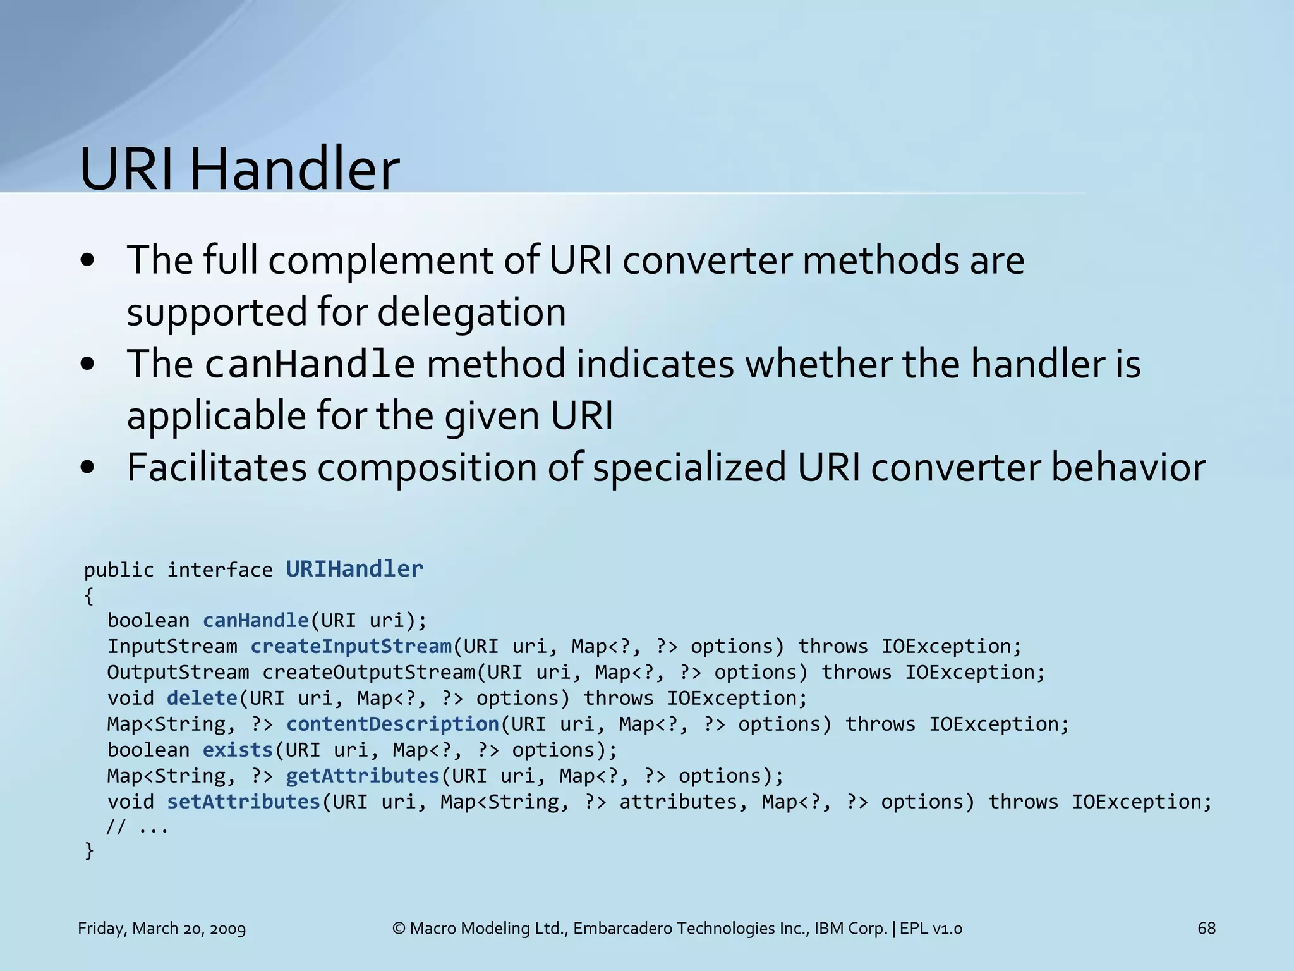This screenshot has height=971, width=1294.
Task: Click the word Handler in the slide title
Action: (294, 169)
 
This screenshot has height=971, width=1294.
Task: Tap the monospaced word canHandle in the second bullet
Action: (310, 365)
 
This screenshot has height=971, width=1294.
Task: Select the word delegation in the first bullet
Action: (471, 312)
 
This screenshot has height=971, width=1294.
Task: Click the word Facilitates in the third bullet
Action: (216, 468)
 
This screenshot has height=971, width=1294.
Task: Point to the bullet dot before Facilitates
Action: (88, 468)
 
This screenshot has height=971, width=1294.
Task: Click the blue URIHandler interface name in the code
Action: (354, 569)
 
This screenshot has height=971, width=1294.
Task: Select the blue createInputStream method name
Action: (351, 647)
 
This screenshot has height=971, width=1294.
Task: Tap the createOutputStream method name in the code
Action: (369, 673)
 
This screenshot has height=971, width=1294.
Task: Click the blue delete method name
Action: (202, 699)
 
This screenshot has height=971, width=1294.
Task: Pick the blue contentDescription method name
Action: (392, 724)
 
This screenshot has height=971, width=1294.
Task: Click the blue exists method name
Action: (238, 750)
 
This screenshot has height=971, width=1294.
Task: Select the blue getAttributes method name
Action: (363, 776)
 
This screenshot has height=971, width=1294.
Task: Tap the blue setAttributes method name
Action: (244, 802)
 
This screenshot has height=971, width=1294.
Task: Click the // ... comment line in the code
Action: (137, 827)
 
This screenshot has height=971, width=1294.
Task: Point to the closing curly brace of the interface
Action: (89, 851)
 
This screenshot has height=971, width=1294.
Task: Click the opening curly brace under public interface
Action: (89, 595)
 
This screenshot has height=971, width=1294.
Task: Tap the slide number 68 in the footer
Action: (1206, 928)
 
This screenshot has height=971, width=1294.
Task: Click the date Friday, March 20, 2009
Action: (162, 929)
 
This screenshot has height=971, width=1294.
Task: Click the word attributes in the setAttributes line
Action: (678, 802)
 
